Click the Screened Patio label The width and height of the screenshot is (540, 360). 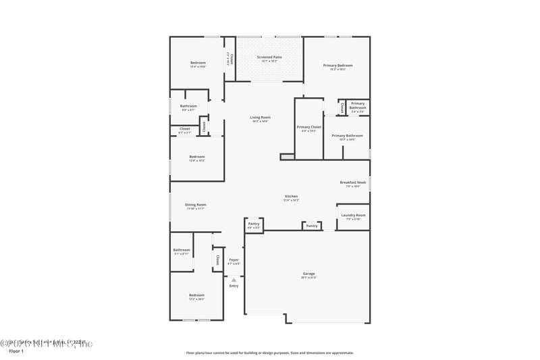click(269, 57)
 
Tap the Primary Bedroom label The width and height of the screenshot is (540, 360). click(337, 66)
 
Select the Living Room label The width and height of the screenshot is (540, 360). click(260, 118)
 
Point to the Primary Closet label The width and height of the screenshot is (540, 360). click(308, 127)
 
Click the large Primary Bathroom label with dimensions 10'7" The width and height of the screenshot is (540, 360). click(347, 136)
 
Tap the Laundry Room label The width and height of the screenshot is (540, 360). click(353, 215)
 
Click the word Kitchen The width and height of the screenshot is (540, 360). click(291, 197)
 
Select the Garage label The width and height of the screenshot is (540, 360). click(308, 274)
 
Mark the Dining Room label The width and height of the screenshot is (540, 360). click(196, 205)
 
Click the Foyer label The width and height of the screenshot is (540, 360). click(234, 260)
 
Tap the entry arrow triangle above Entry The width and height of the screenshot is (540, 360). click(234, 279)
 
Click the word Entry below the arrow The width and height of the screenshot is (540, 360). click(234, 286)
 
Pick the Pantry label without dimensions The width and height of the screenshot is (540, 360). click(312, 226)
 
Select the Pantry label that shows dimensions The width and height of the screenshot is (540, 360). click(254, 224)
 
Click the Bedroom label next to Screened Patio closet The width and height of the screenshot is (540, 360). click(198, 63)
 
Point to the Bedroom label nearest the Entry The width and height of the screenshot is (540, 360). click(196, 295)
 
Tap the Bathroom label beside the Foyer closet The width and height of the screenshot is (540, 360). click(182, 250)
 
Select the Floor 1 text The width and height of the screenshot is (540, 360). click(16, 351)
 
